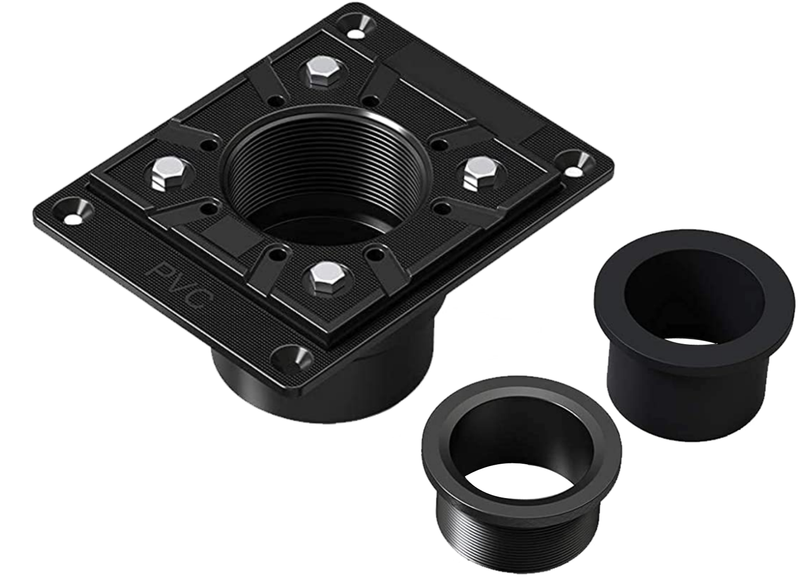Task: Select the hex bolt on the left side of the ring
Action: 169,174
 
